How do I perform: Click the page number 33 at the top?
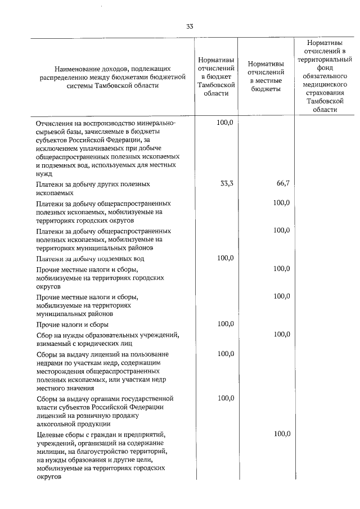(190, 26)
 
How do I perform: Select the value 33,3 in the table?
(224, 184)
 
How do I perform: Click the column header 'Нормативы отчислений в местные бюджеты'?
(265, 77)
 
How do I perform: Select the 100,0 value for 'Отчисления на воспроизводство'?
(224, 122)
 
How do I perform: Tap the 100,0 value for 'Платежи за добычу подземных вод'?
(224, 258)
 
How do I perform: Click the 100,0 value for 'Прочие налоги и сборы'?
(224, 325)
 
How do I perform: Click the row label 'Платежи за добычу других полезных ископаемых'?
(93, 188)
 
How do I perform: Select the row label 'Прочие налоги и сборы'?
(72, 325)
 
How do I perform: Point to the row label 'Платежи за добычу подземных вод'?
(90, 259)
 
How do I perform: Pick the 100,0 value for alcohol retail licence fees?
(224, 398)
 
